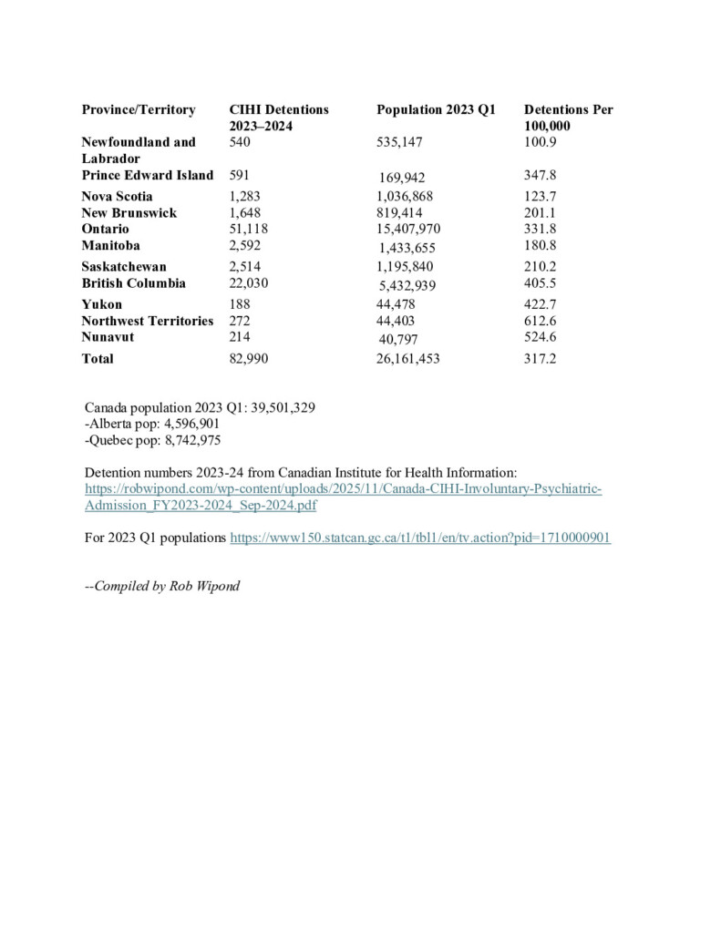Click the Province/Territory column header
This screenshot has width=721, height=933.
click(139, 109)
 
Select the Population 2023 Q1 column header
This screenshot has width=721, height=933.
click(436, 109)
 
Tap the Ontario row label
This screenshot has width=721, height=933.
click(105, 229)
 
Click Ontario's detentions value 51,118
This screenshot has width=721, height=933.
click(248, 229)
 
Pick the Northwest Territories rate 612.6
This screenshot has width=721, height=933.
click(540, 321)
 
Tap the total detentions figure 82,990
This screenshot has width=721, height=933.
click(248, 359)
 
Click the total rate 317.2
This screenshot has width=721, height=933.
click(540, 359)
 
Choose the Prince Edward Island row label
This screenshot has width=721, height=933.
click(147, 175)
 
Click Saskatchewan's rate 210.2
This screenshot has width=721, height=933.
click(540, 266)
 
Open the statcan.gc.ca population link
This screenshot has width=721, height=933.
click(420, 538)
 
